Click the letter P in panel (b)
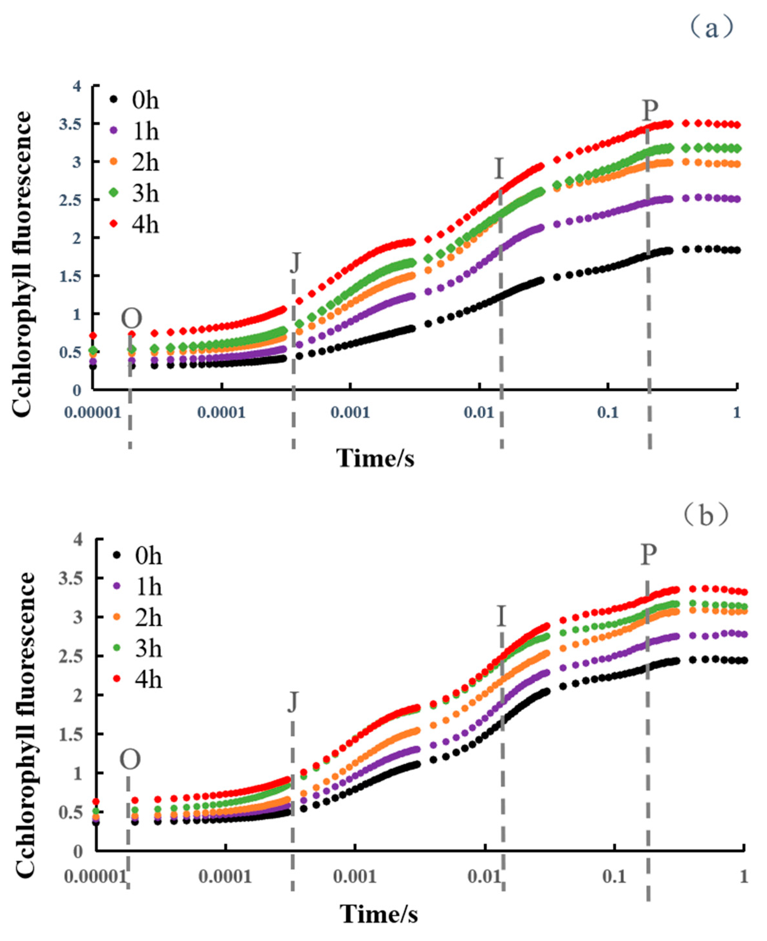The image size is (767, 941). (x=648, y=555)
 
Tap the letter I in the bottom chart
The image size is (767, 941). (x=501, y=616)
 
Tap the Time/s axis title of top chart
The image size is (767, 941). (x=375, y=459)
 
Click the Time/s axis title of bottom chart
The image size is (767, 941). (x=379, y=914)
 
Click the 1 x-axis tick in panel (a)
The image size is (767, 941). (x=736, y=413)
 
